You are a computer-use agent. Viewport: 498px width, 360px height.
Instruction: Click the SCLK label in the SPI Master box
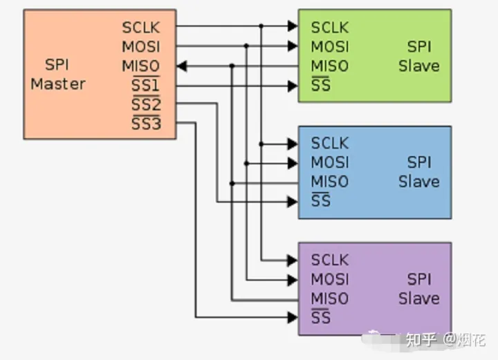click(141, 28)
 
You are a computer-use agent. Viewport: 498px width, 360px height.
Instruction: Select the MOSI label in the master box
click(141, 47)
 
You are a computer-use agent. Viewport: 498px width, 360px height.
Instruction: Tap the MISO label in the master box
click(141, 66)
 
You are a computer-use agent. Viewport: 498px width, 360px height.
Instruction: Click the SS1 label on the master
click(145, 86)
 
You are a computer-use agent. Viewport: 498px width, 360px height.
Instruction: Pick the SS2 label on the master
click(145, 105)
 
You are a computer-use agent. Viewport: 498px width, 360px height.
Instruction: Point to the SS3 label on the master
click(145, 124)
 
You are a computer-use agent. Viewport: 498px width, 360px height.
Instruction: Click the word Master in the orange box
click(58, 84)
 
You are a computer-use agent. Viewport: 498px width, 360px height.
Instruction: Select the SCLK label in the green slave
click(330, 28)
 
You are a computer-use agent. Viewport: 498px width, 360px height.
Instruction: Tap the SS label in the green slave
click(321, 86)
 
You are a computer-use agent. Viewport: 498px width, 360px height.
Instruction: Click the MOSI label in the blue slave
click(330, 163)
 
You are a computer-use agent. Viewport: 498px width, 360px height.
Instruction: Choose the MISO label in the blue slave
click(330, 182)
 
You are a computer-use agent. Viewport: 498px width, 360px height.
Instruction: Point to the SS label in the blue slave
click(321, 202)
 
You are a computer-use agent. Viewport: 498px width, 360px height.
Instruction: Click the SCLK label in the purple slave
click(330, 260)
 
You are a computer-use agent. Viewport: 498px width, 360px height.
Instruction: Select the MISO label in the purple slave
click(330, 299)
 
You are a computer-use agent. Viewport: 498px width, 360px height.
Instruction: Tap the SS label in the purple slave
click(321, 319)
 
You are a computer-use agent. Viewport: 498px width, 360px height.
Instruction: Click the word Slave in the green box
click(418, 66)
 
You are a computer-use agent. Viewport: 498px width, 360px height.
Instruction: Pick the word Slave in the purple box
click(418, 299)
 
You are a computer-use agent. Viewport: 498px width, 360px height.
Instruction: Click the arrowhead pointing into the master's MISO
click(182, 66)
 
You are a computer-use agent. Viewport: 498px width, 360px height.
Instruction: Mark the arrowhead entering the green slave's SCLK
click(293, 27)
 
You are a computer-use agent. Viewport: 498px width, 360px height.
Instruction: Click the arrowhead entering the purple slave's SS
click(293, 318)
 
